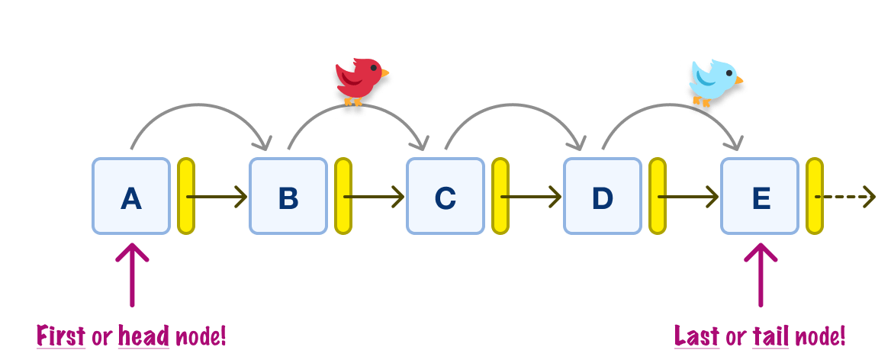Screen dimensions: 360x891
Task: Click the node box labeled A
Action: click(x=131, y=196)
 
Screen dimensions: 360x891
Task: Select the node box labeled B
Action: click(x=288, y=196)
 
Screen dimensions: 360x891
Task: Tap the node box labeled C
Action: click(x=445, y=196)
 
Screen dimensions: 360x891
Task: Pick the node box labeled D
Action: click(x=603, y=196)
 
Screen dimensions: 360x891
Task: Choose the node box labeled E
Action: click(x=760, y=196)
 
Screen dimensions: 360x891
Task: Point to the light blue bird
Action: click(x=714, y=82)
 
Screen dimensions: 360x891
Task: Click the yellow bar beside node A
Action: click(x=186, y=196)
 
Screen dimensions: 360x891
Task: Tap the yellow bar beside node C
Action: click(x=500, y=196)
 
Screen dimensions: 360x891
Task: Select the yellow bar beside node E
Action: click(x=815, y=196)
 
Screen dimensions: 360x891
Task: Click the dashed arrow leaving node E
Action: click(x=847, y=197)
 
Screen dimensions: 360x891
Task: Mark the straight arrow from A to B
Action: click(x=218, y=197)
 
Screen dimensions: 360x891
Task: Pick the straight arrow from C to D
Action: click(x=532, y=197)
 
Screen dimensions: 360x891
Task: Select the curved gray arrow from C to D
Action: click(x=516, y=108)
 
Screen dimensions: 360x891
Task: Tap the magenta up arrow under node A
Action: click(x=132, y=275)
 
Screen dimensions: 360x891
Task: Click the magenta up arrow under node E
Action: click(x=761, y=275)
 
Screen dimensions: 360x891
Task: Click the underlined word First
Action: click(x=61, y=336)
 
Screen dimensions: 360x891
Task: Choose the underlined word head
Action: click(x=143, y=336)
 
